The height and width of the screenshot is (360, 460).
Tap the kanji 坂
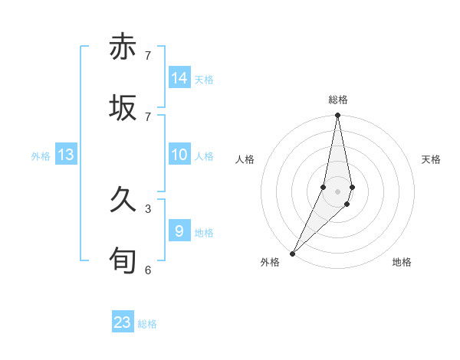coord(123,107)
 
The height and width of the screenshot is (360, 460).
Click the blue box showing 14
coord(179,78)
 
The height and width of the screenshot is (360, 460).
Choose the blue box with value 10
coord(179,155)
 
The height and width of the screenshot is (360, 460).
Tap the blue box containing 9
coord(179,231)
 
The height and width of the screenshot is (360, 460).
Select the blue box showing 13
coord(66,155)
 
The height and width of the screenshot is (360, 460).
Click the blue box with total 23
coord(123,322)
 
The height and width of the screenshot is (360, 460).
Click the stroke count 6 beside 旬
coord(148,270)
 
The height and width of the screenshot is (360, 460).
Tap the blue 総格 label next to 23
coord(147,324)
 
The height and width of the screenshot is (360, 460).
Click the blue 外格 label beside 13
coord(41,156)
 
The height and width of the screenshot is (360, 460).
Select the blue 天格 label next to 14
coord(204,80)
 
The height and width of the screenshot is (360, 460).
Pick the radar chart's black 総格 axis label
coord(338,100)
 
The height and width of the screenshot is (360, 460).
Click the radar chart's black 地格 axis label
coord(402,262)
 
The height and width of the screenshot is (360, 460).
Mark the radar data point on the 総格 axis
coord(337,116)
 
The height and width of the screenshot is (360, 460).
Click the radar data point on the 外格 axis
coord(292,253)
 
